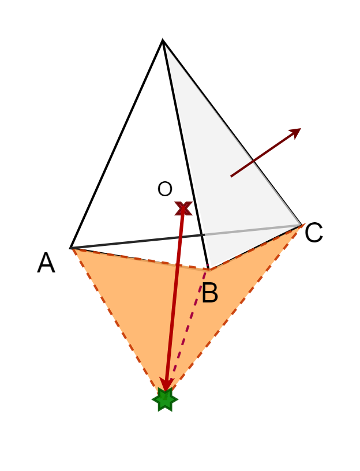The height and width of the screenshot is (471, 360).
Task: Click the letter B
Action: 209,294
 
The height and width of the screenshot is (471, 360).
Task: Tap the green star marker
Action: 165,399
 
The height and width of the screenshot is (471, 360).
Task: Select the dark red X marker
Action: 183,208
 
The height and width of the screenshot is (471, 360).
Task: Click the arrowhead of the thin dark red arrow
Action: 297,131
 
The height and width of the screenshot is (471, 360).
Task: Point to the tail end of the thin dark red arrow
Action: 231,176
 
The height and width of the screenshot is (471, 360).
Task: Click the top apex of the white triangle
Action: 166,46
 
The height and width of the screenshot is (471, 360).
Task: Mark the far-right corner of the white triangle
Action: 300,225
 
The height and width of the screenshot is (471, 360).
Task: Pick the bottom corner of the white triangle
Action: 211,267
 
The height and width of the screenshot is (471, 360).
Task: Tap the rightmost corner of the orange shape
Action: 305,223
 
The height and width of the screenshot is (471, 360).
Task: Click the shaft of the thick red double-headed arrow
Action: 174,300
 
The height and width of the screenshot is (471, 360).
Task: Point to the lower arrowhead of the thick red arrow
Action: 167,386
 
